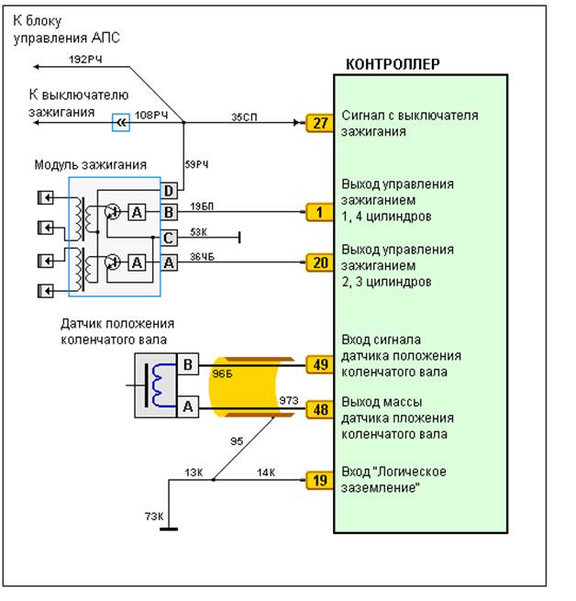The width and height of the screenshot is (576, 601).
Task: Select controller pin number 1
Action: [x=317, y=213]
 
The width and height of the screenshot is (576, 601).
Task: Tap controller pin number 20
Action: [x=317, y=262]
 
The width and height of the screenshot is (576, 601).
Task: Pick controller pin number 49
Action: [x=317, y=364]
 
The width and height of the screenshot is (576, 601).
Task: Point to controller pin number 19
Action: [x=317, y=478]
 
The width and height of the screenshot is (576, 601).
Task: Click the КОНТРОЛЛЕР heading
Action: [x=392, y=64]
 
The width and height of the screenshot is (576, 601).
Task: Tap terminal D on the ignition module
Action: [x=169, y=191]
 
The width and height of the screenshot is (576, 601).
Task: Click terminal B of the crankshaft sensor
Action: [x=186, y=364]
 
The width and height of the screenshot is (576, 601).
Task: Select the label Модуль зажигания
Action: [x=90, y=164]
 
